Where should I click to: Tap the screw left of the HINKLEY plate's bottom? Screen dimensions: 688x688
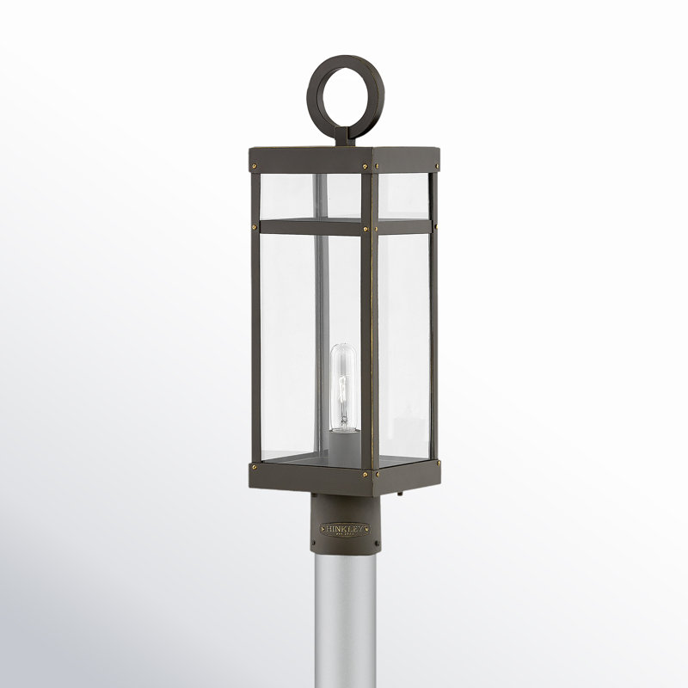322,544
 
